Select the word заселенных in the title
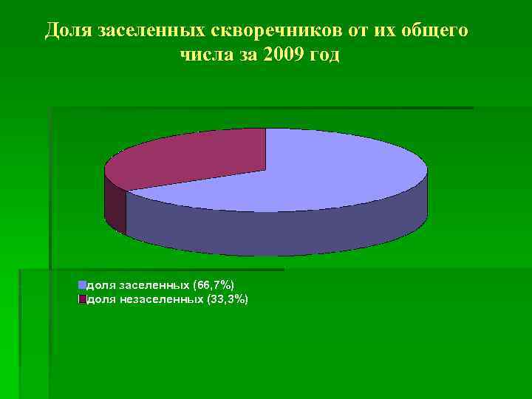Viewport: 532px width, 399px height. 143,30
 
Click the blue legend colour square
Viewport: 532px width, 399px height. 83,284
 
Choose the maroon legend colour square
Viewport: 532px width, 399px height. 83,299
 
